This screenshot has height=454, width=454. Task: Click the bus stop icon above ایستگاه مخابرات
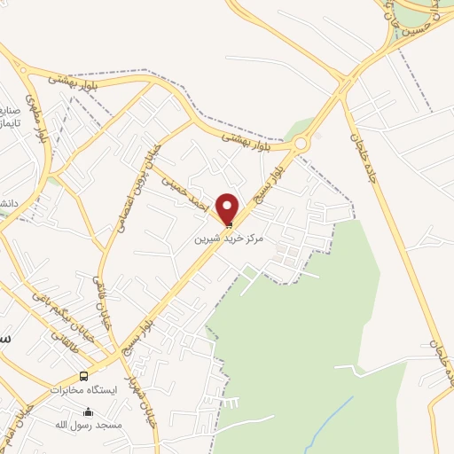pyautogui.click(x=84, y=375)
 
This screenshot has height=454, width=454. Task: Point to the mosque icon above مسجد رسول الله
pyautogui.click(x=88, y=411)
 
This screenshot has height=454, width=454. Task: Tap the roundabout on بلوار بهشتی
pyautogui.click(x=301, y=144)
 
